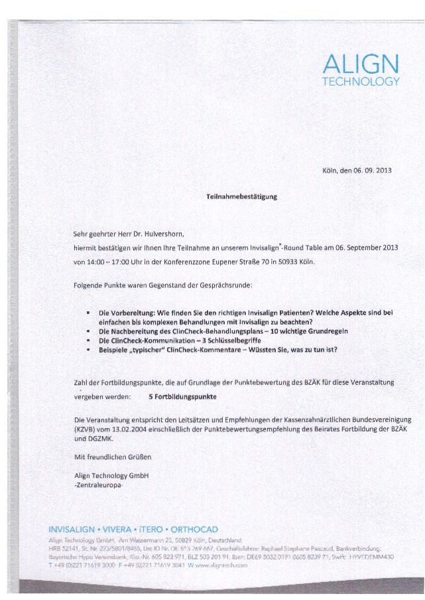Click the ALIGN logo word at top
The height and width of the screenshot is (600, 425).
pyautogui.click(x=361, y=65)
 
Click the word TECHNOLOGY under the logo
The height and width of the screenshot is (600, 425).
pyautogui.click(x=361, y=82)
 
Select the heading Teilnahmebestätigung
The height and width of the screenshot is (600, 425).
pyautogui.click(x=241, y=196)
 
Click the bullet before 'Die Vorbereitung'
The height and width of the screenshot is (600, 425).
pyautogui.click(x=88, y=312)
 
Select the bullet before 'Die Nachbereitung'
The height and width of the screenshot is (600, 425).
pyautogui.click(x=88, y=331)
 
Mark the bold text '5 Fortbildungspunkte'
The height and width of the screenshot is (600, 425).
pyautogui.click(x=174, y=396)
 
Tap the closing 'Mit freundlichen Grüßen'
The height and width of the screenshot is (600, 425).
pyautogui.click(x=113, y=457)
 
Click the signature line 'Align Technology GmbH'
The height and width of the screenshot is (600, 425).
pyautogui.click(x=112, y=475)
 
